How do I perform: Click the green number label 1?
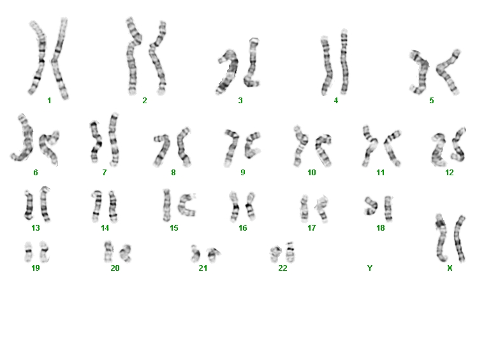(49, 100)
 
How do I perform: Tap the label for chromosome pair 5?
(432, 100)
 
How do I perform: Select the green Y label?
(370, 268)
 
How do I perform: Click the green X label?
(450, 268)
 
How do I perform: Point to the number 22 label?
(282, 268)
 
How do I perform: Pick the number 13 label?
(36, 228)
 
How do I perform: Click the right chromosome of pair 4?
(344, 62)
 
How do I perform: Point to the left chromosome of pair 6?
(26, 139)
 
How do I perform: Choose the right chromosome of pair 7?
(114, 140)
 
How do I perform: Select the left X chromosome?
(441, 238)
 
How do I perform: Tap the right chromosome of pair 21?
(213, 254)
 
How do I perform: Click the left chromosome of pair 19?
(29, 252)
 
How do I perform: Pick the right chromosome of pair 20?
(126, 253)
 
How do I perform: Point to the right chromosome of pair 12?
(458, 145)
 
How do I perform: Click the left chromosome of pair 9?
(231, 147)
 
